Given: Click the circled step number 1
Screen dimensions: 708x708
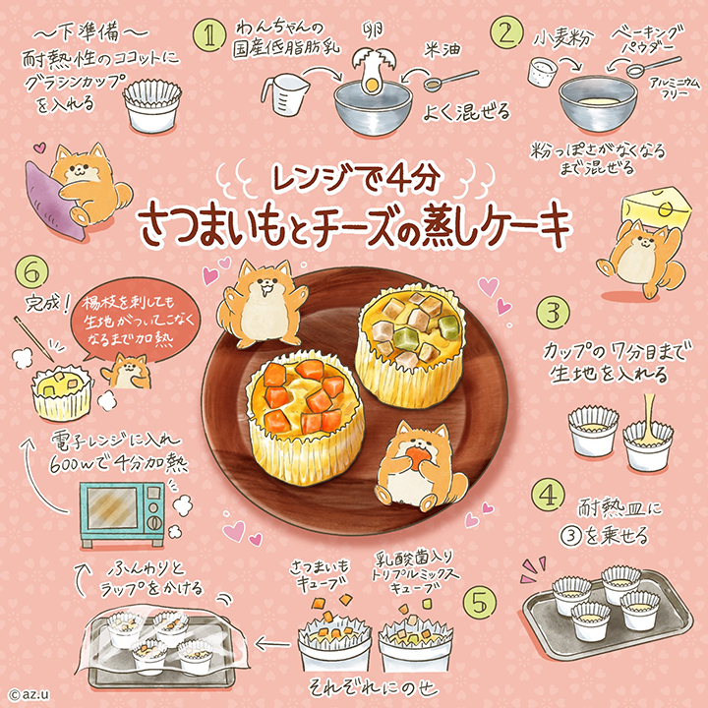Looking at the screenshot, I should click(x=208, y=37).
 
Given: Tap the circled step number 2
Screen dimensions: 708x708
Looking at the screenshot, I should click(x=506, y=34).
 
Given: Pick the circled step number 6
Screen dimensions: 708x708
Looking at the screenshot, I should click(x=32, y=270).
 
